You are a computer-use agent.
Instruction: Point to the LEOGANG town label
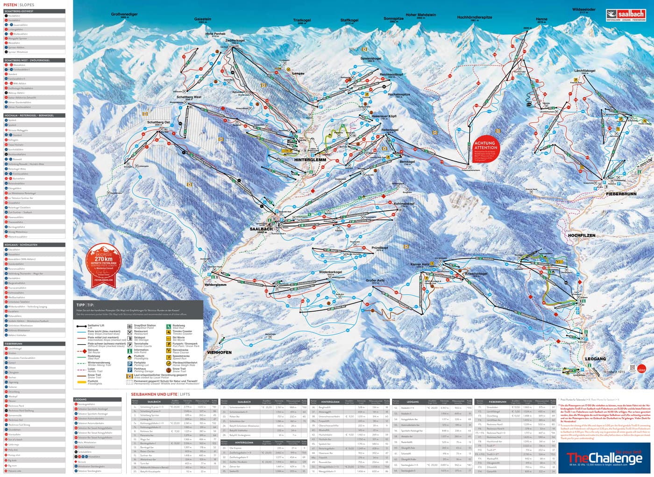click(595, 359)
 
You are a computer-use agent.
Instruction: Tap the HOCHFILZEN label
click(582, 235)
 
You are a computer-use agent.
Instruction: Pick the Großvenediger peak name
click(124, 14)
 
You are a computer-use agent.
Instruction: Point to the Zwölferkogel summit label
click(235, 41)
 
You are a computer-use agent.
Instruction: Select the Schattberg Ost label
click(158, 123)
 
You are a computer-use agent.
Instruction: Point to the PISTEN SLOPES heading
click(19, 5)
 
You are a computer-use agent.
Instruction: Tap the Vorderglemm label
click(215, 285)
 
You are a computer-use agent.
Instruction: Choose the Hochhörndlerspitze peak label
click(475, 17)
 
